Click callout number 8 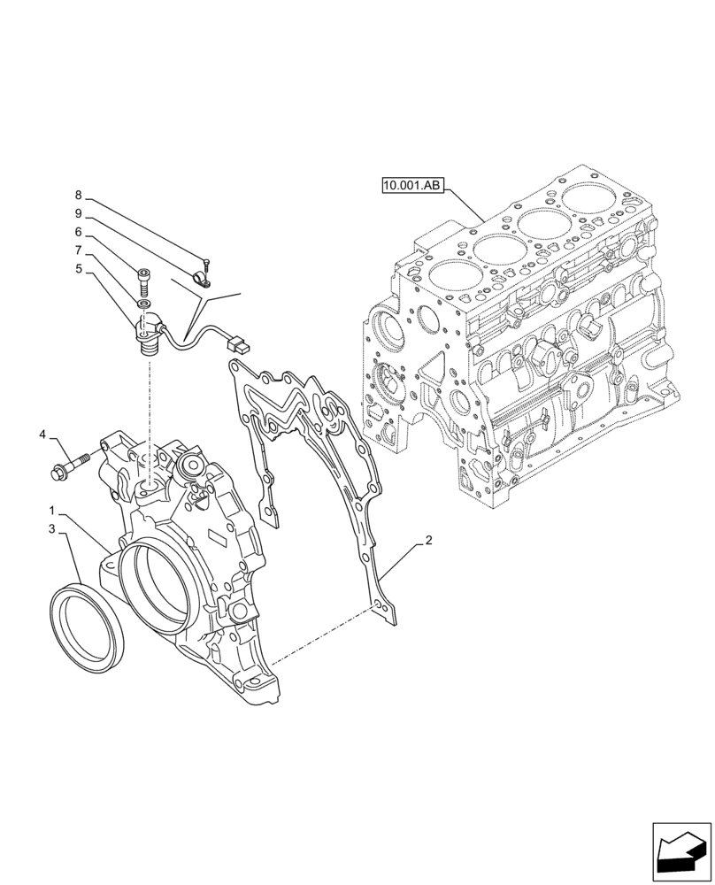pyautogui.click(x=78, y=196)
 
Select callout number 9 pyautogui.click(x=78, y=213)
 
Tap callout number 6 pyautogui.click(x=78, y=232)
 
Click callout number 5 pyautogui.click(x=78, y=268)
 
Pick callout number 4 pyautogui.click(x=42, y=435)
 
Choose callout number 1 pyautogui.click(x=53, y=512)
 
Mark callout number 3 pyautogui.click(x=53, y=529)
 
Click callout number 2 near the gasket pyautogui.click(x=428, y=540)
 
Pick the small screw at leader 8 pyautogui.click(x=205, y=262)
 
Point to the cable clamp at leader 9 pyautogui.click(x=200, y=282)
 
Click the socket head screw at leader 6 pyautogui.click(x=144, y=284)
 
